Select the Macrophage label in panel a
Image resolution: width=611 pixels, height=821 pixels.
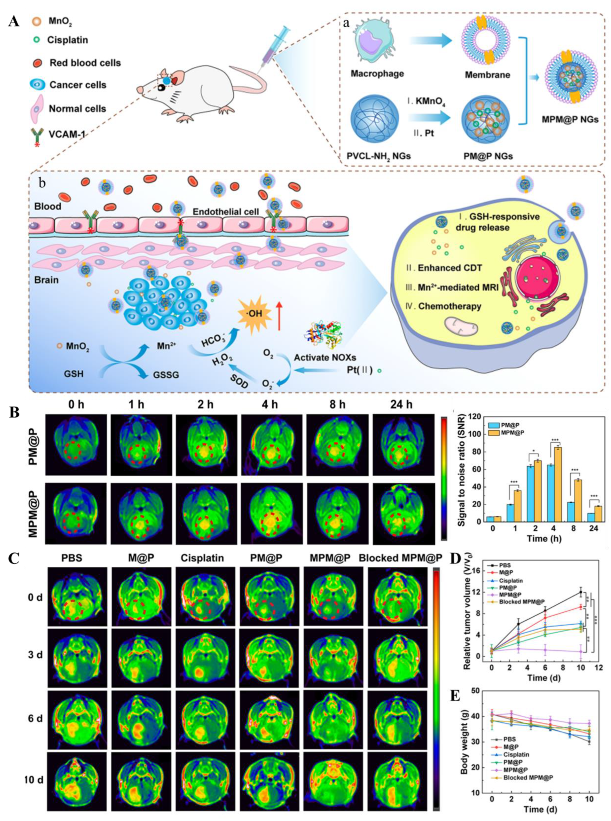[x=377, y=74]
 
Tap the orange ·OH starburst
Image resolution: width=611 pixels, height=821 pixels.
[x=255, y=314]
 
